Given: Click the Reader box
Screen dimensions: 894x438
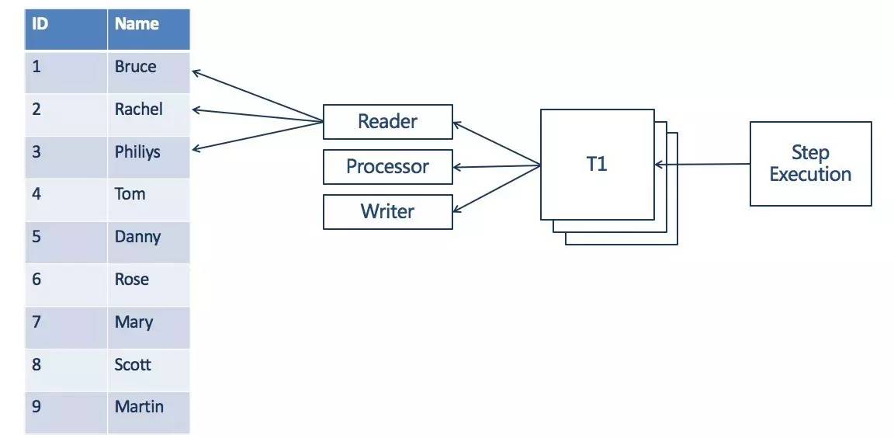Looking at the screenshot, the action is click(388, 121).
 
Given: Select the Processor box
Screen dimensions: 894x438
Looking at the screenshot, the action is click(388, 166).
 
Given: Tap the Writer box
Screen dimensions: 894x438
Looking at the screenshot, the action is click(388, 211).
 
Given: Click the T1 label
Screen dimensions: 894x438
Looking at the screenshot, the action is click(597, 165).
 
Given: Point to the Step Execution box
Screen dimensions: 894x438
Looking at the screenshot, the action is click(810, 164).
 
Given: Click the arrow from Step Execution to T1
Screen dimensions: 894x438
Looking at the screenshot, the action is click(702, 165).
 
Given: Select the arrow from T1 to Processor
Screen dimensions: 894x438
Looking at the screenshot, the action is click(497, 166).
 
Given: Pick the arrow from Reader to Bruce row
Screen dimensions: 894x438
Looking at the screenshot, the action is click(258, 96).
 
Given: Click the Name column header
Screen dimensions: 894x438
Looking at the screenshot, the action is click(148, 29).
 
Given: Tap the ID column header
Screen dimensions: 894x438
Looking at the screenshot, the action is click(65, 29).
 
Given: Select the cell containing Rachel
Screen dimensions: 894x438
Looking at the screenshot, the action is click(148, 114).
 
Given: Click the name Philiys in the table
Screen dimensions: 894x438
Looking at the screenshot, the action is click(137, 152).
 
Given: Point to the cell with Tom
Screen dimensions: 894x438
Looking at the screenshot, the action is click(148, 199).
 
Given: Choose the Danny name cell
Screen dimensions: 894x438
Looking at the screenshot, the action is click(148, 242).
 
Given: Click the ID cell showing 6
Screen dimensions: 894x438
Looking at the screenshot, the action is click(65, 284).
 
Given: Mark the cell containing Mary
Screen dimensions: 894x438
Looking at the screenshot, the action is click(148, 327).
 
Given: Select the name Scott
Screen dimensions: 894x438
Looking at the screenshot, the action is click(133, 364).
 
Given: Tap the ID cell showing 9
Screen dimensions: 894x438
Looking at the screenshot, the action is click(65, 412).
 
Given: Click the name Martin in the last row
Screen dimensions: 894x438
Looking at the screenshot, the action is click(139, 407).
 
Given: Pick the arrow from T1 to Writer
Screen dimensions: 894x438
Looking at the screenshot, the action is click(497, 189).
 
